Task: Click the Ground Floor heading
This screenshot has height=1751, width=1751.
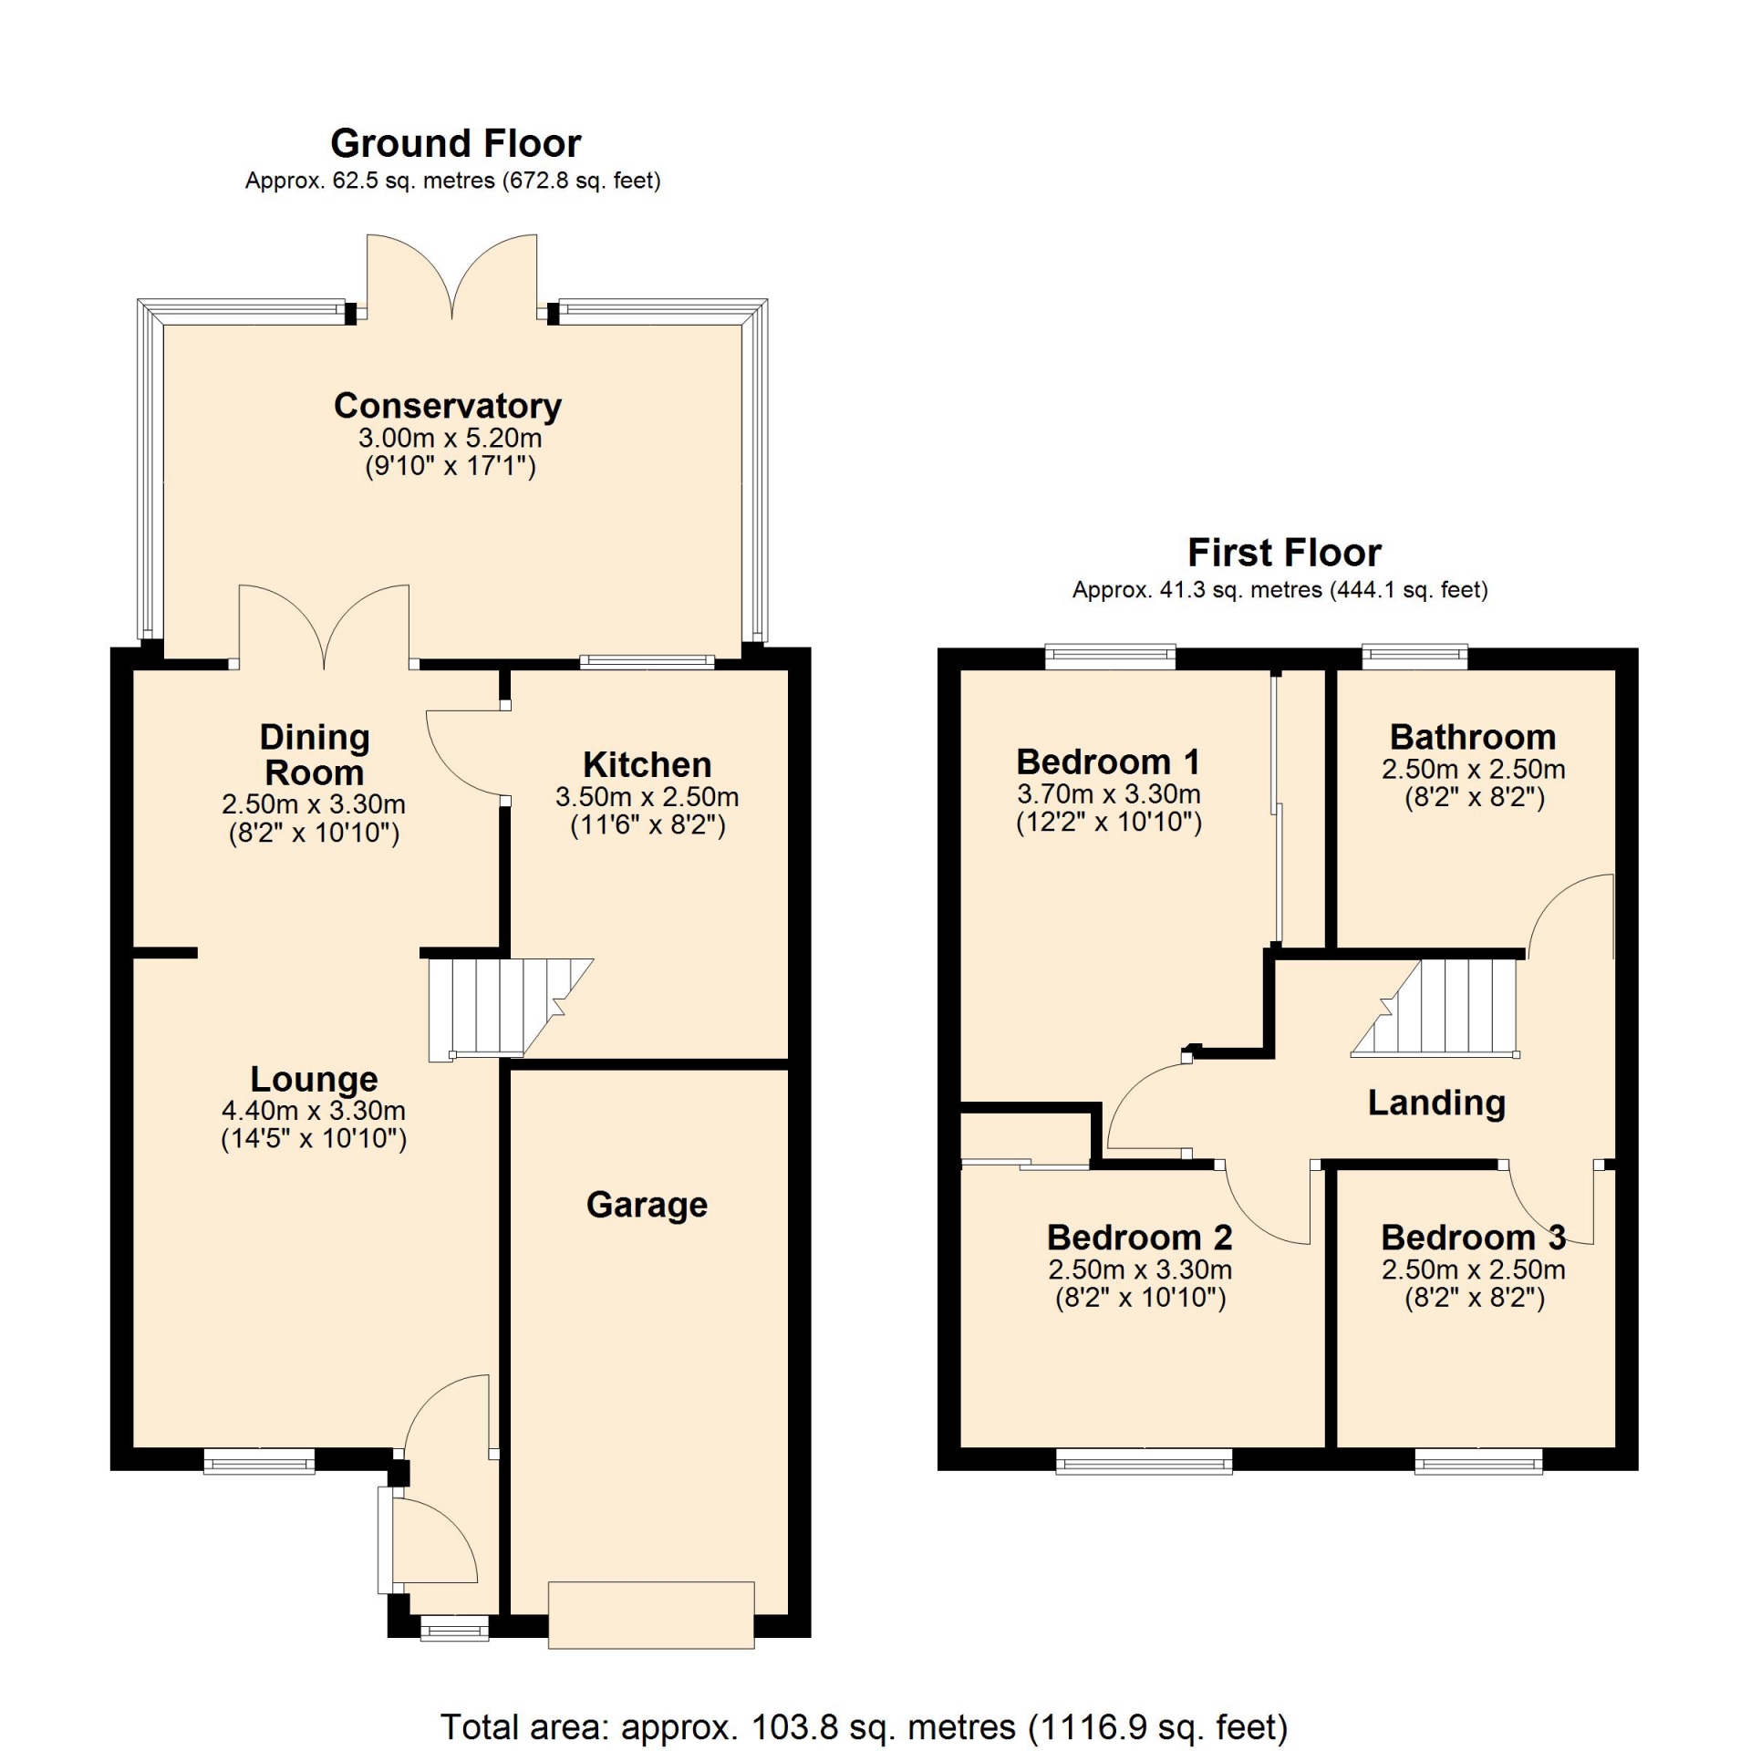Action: click(455, 143)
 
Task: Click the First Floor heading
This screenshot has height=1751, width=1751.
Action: click(1284, 553)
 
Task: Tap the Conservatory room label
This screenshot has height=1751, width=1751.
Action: click(447, 406)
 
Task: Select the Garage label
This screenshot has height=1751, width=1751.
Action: click(647, 1205)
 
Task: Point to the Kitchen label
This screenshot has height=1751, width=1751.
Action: click(647, 764)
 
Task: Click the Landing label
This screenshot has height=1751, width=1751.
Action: click(1436, 1103)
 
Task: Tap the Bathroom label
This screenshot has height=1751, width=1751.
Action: click(1473, 737)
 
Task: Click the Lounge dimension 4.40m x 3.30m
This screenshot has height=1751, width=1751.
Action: click(314, 1111)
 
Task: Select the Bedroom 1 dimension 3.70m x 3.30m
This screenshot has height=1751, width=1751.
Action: click(1109, 794)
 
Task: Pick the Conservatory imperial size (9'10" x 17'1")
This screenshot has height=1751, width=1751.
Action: click(451, 467)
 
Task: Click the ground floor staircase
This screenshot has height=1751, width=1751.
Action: click(511, 1009)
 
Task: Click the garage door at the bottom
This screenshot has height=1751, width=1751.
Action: click(651, 1615)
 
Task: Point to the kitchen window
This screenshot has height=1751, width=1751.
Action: click(647, 662)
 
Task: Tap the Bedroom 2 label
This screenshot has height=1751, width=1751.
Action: click(1140, 1238)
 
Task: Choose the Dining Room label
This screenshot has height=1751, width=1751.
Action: click(315, 755)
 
